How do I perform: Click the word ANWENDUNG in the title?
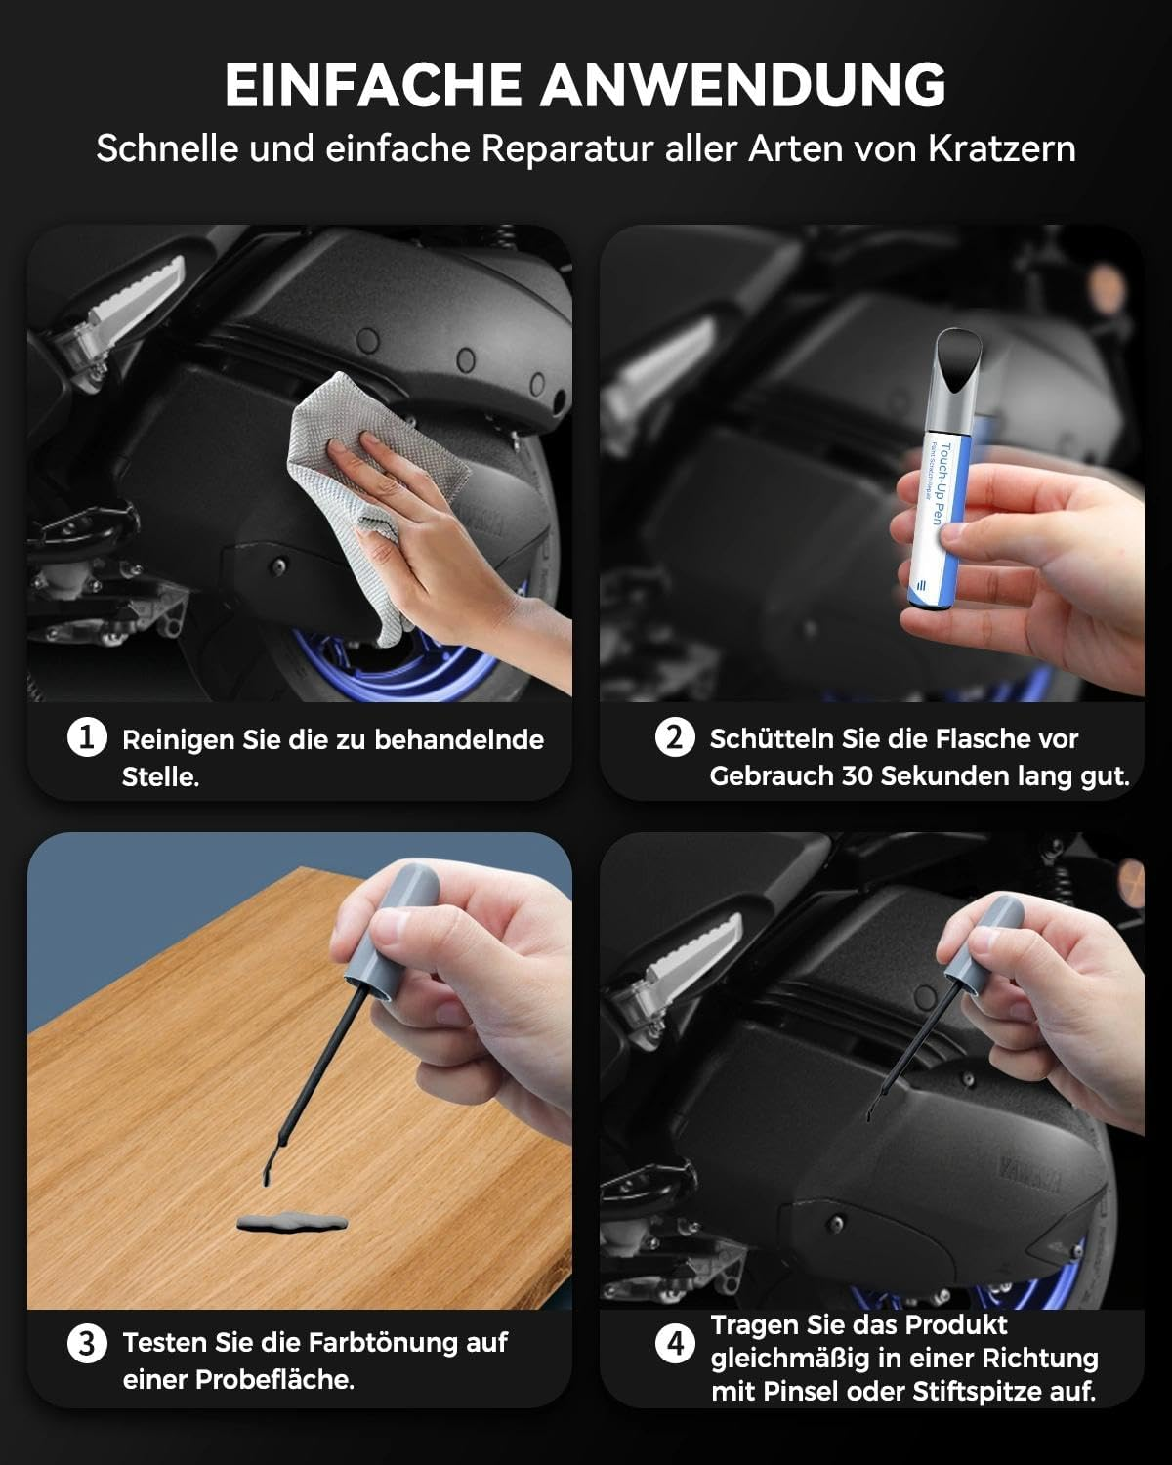pyautogui.click(x=743, y=84)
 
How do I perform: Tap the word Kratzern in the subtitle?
pyautogui.click(x=1002, y=148)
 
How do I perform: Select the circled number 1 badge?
pyautogui.click(x=87, y=736)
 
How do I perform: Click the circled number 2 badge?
pyautogui.click(x=675, y=736)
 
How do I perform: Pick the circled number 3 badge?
pyautogui.click(x=87, y=1344)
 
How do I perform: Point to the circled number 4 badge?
pyautogui.click(x=675, y=1344)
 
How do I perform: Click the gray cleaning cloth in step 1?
pyautogui.click(x=368, y=490)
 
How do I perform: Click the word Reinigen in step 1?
pyautogui.click(x=179, y=740)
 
